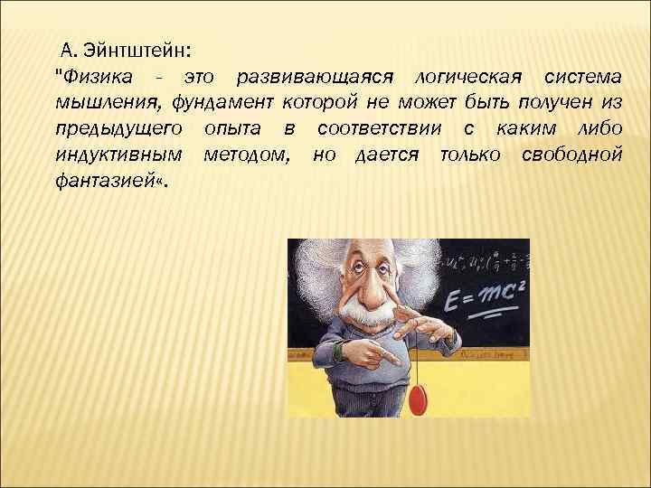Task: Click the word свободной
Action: [571, 155]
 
